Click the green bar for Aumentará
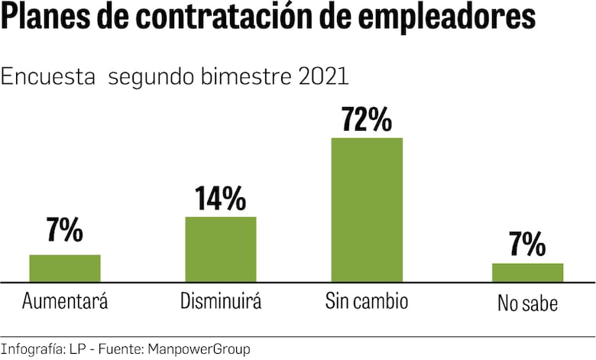pos(65,268)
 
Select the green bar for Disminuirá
pos(221,249)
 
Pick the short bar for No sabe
pos(527,273)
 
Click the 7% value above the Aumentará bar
pos(64,230)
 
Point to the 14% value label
pos(220,198)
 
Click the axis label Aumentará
pos(65,301)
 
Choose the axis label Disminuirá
pos(221,301)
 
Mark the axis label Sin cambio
pos(367,301)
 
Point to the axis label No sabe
pos(527,303)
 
